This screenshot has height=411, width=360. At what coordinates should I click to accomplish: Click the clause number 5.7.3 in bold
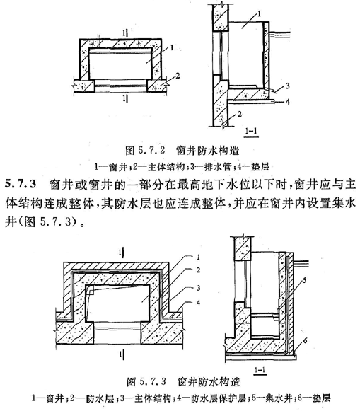click(x=21, y=184)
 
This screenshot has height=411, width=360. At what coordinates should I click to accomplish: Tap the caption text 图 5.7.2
click(x=145, y=151)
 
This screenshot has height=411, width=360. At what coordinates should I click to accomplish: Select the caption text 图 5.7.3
click(x=146, y=381)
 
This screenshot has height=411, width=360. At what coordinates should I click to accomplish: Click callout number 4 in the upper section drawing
click(x=287, y=102)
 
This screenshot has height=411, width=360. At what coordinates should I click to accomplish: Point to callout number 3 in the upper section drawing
click(x=287, y=86)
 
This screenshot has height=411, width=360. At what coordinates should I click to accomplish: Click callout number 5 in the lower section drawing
click(x=304, y=280)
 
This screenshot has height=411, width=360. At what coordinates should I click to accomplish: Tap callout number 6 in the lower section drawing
click(x=305, y=340)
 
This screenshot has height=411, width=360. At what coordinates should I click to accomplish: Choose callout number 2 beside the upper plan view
click(x=178, y=76)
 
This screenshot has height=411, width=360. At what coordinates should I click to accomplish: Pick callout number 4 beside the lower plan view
click(x=198, y=303)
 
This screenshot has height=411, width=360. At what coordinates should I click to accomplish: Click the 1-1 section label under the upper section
click(x=251, y=131)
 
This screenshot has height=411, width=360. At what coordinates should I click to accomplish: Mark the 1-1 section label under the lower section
click(x=260, y=370)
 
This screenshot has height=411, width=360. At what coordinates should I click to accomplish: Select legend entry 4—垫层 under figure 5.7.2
click(x=252, y=166)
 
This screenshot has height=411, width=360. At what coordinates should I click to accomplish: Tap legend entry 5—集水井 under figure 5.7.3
click(x=272, y=398)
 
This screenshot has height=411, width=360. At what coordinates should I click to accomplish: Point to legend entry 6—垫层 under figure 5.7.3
click(x=314, y=398)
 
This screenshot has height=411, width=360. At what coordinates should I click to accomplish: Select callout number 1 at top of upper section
click(x=259, y=13)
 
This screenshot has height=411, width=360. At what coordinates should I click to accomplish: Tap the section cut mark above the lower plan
click(x=122, y=253)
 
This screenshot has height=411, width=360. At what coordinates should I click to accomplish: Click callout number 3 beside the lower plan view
click(x=198, y=287)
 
